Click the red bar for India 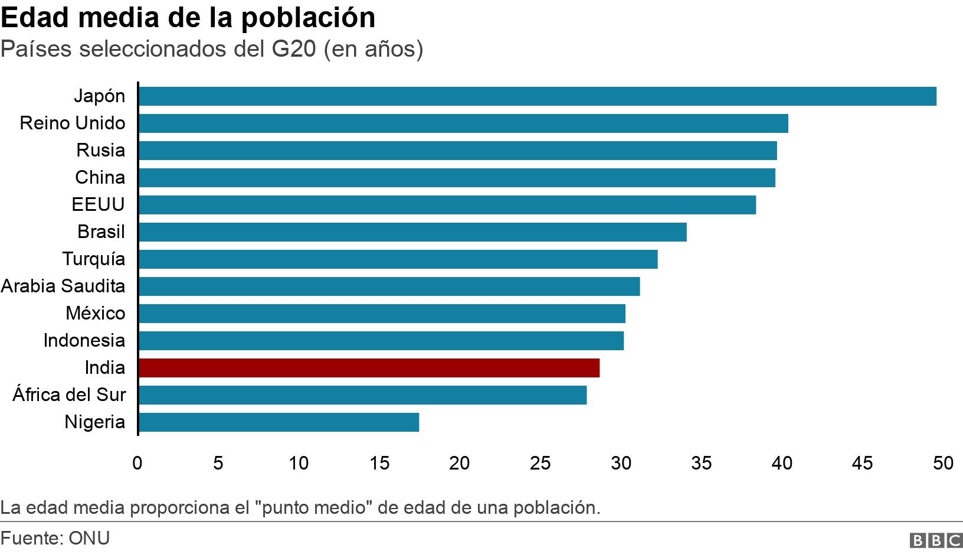[x=369, y=368]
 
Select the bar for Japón [x=537, y=96]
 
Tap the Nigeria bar [x=279, y=422]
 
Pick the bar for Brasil [x=412, y=232]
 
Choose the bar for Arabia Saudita [x=389, y=286]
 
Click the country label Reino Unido [x=73, y=123]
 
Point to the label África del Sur [x=69, y=395]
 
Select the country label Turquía [x=94, y=259]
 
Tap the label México [x=96, y=313]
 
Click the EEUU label [x=99, y=204]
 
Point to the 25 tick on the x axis [x=540, y=463]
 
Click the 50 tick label [x=942, y=463]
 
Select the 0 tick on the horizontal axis [x=137, y=463]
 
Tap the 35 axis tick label [x=701, y=463]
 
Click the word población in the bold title [x=308, y=18]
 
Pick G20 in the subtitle [x=294, y=49]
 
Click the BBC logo [x=936, y=540]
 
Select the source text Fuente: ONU [x=55, y=538]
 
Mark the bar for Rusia [x=457, y=151]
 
